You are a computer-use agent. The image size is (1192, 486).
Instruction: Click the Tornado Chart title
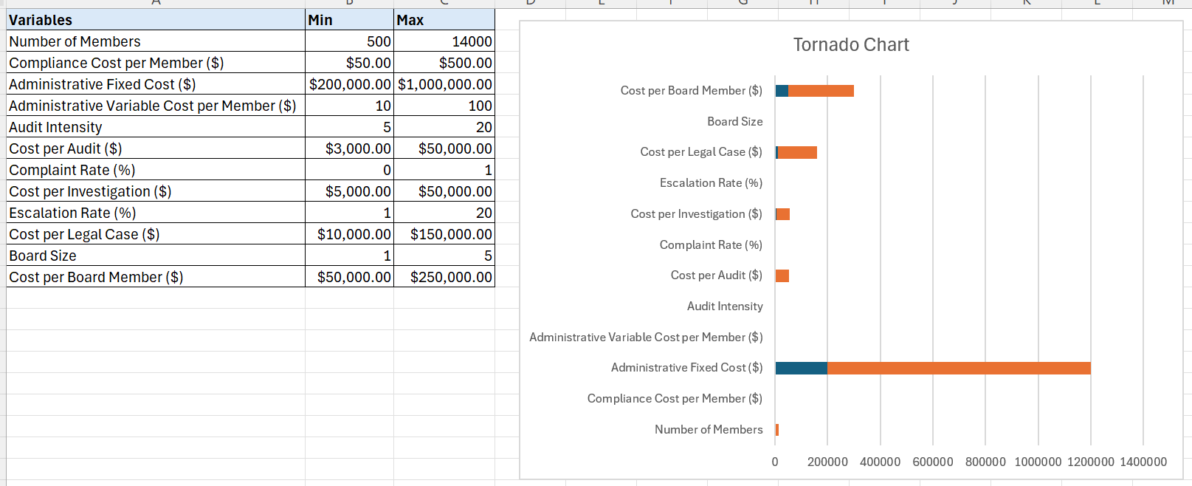[x=850, y=45]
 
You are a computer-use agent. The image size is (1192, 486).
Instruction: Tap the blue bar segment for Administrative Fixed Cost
[x=801, y=368]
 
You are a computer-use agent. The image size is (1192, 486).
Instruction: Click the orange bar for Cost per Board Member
[x=821, y=91]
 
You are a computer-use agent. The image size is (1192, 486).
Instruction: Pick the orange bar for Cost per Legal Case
[x=797, y=152]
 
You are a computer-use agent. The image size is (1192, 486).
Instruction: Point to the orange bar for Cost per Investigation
[x=782, y=214]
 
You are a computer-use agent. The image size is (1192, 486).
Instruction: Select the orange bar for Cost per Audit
[x=782, y=275]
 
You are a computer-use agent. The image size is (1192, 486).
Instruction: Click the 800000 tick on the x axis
[x=985, y=462]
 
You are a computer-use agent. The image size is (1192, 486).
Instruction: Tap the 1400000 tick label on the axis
[x=1143, y=462]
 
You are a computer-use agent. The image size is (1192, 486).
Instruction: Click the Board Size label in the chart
[x=734, y=122]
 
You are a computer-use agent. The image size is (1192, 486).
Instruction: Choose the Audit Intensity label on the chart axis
[x=725, y=307]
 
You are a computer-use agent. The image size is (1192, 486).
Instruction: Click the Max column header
[x=410, y=20]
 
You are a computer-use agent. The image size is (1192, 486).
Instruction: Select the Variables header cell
[x=41, y=20]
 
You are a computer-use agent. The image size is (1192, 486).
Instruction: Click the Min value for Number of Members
[x=379, y=41]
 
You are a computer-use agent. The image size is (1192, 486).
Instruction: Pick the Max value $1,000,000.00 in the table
[x=444, y=84]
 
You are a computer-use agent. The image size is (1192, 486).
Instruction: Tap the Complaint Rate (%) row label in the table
[x=72, y=170]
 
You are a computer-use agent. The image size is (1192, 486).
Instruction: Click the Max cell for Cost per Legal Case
[x=451, y=234]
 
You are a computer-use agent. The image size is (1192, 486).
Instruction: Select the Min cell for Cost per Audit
[x=358, y=148]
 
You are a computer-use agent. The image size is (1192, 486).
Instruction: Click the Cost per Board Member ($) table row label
[x=96, y=277]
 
